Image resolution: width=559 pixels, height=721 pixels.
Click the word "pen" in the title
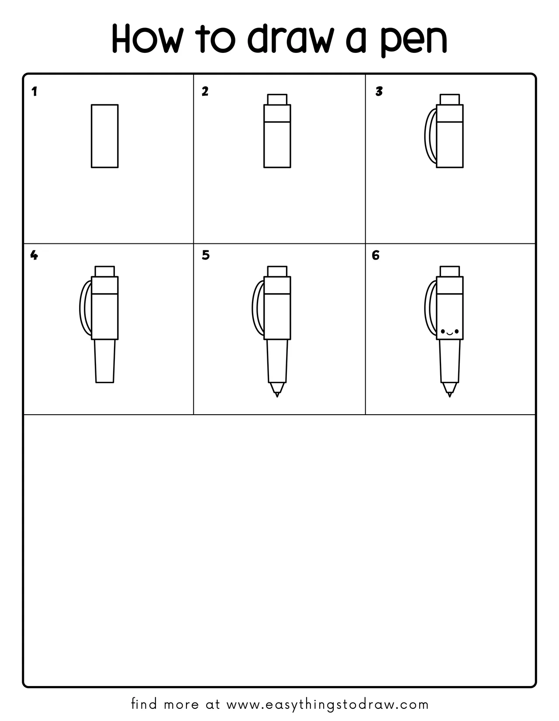414,40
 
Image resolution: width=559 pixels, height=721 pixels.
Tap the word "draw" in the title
290,38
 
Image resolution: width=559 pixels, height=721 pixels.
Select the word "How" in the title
147,38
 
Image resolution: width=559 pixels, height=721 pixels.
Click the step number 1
34,92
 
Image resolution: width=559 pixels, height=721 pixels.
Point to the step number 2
205,91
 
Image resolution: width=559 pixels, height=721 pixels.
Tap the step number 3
379,91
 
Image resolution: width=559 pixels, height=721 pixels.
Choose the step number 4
34,255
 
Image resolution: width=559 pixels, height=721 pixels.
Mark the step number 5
206,255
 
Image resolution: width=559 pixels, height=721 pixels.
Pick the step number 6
375,255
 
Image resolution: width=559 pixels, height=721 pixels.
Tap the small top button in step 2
277,100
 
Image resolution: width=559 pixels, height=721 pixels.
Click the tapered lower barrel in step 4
105,361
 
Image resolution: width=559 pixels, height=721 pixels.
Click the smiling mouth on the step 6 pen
449,333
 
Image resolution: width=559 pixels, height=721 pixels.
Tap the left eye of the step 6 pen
443,331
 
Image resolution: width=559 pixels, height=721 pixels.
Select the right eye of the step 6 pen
456,331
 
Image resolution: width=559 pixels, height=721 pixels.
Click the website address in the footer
328,704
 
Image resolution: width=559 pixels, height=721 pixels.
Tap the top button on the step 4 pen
105,271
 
